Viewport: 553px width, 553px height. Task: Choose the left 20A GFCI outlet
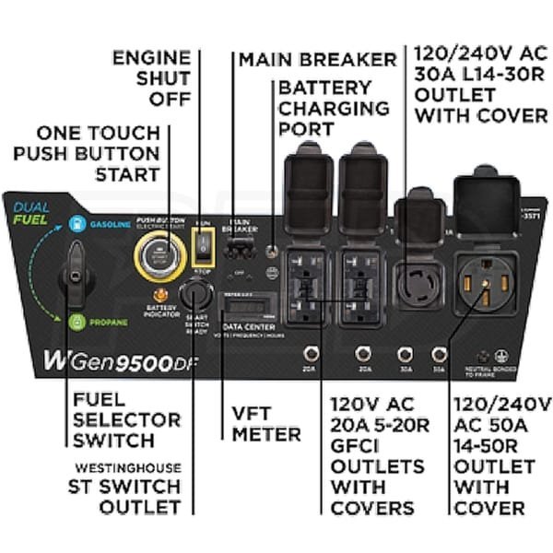pos(306,286)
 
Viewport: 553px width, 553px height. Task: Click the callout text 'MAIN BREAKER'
pos(317,60)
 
